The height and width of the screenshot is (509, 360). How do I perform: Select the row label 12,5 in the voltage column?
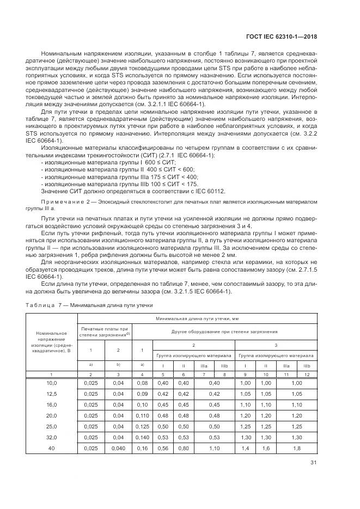pos(52,393)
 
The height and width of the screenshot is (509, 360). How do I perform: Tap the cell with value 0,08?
pos(142,383)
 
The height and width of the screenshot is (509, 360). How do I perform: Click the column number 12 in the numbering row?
pos(307,375)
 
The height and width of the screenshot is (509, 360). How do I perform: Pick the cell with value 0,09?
pos(142,393)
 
